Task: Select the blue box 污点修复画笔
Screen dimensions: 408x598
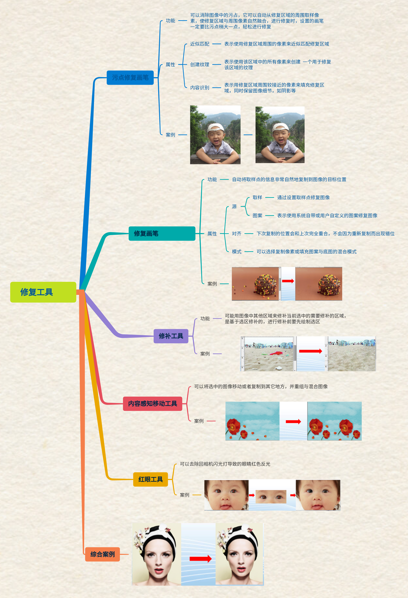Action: pyautogui.click(x=130, y=77)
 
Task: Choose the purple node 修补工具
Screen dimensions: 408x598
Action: pyautogui.click(x=171, y=336)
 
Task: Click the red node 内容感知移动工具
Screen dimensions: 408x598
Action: pyautogui.click(x=153, y=404)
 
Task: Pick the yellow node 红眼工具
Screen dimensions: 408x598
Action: pyautogui.click(x=151, y=479)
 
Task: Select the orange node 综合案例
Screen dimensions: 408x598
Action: pyautogui.click(x=102, y=554)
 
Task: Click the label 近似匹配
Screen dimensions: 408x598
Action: pyautogui.click(x=200, y=44)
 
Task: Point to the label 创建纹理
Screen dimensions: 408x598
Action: pyautogui.click(x=200, y=65)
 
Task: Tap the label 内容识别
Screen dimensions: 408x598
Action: pyautogui.click(x=200, y=88)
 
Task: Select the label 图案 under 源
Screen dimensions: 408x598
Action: pyautogui.click(x=257, y=216)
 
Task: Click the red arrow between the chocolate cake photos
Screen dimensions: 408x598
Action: pyautogui.click(x=288, y=281)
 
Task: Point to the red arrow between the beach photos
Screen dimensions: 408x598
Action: pyautogui.click(x=310, y=351)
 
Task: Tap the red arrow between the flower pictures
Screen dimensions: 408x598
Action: pyautogui.click(x=293, y=421)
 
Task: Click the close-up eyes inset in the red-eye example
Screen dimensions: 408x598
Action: pyautogui.click(x=271, y=496)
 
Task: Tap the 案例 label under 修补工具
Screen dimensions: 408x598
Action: pyautogui.click(x=205, y=354)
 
